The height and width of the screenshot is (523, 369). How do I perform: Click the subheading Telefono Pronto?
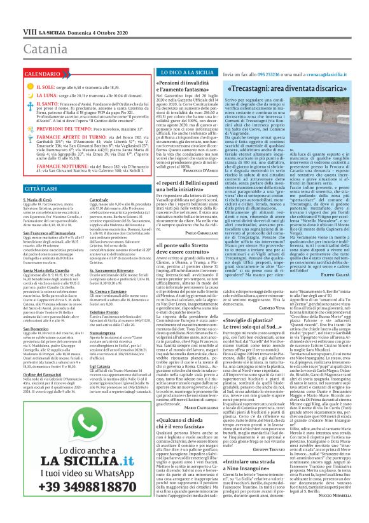(95, 294)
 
